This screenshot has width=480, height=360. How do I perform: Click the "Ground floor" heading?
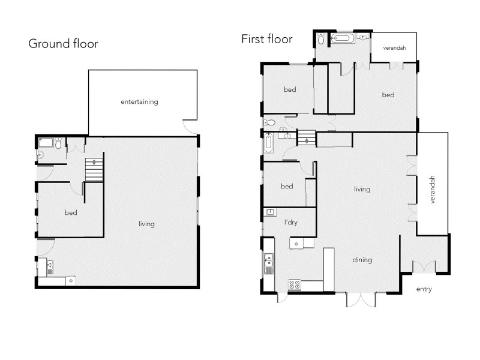point(63,44)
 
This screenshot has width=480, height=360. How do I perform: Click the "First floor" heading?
point(266,40)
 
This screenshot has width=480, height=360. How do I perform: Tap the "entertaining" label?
point(139,101)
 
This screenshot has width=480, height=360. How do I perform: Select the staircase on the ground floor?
point(94,169)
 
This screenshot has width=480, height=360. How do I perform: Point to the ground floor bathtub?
point(46,143)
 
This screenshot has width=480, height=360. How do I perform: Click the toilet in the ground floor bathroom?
point(58,143)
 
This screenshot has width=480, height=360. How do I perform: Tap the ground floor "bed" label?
point(71,212)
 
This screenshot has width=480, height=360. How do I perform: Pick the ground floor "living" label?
point(146,224)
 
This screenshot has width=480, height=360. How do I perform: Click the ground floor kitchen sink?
point(50,265)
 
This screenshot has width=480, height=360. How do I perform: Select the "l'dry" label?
point(291,223)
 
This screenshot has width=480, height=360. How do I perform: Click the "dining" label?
point(362,260)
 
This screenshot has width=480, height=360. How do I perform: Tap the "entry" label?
point(424,289)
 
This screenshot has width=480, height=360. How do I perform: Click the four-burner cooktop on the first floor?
point(295,285)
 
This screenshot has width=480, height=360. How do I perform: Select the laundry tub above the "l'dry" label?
point(271,212)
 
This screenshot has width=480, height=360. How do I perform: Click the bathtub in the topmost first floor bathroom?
point(343,39)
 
